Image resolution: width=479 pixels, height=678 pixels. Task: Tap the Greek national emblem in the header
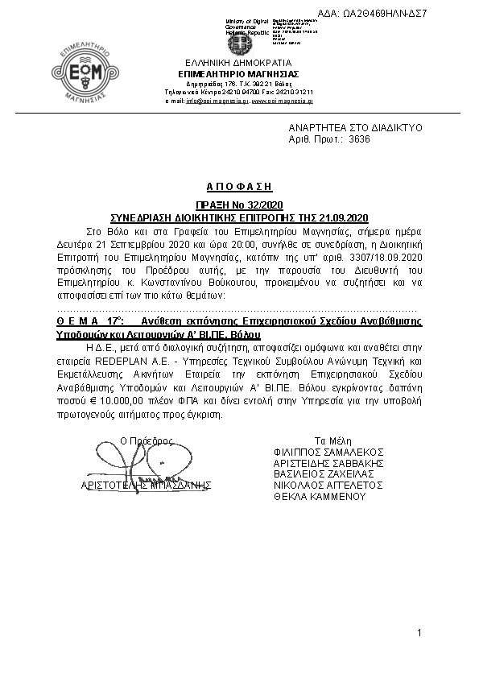point(239,42)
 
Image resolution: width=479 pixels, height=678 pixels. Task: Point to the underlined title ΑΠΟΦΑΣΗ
point(239,186)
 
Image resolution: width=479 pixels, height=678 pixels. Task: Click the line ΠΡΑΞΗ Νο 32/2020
point(239,206)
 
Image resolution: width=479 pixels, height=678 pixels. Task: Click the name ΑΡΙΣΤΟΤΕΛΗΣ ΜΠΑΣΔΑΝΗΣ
point(146,486)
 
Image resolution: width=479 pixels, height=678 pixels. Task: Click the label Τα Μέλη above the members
point(330,440)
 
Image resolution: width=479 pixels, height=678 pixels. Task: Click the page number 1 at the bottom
point(419,636)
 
